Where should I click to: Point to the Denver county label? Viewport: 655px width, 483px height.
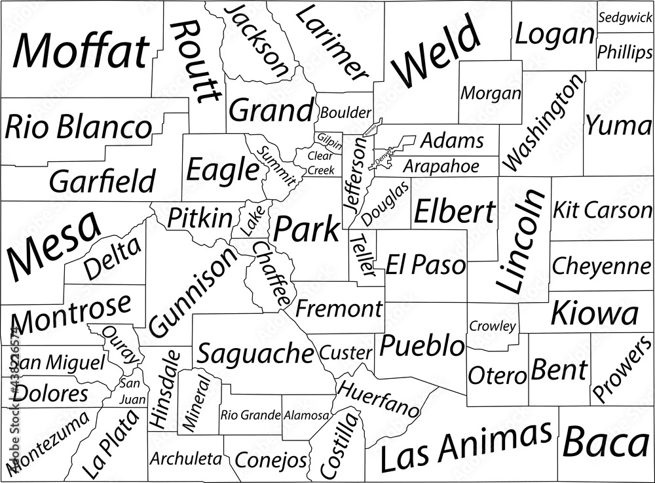pyautogui.click(x=382, y=157)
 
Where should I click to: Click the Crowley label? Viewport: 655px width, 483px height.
pyautogui.click(x=493, y=326)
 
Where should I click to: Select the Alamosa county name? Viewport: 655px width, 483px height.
pyautogui.click(x=307, y=415)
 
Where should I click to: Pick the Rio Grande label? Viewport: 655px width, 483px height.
pyautogui.click(x=251, y=415)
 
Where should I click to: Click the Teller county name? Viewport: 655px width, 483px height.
pyautogui.click(x=360, y=255)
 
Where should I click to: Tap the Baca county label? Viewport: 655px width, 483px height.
pyautogui.click(x=606, y=443)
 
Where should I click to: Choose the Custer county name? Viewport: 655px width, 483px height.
pyautogui.click(x=346, y=353)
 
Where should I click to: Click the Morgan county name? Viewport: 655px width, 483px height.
pyautogui.click(x=491, y=94)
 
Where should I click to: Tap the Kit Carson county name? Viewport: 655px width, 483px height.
pyautogui.click(x=602, y=210)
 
